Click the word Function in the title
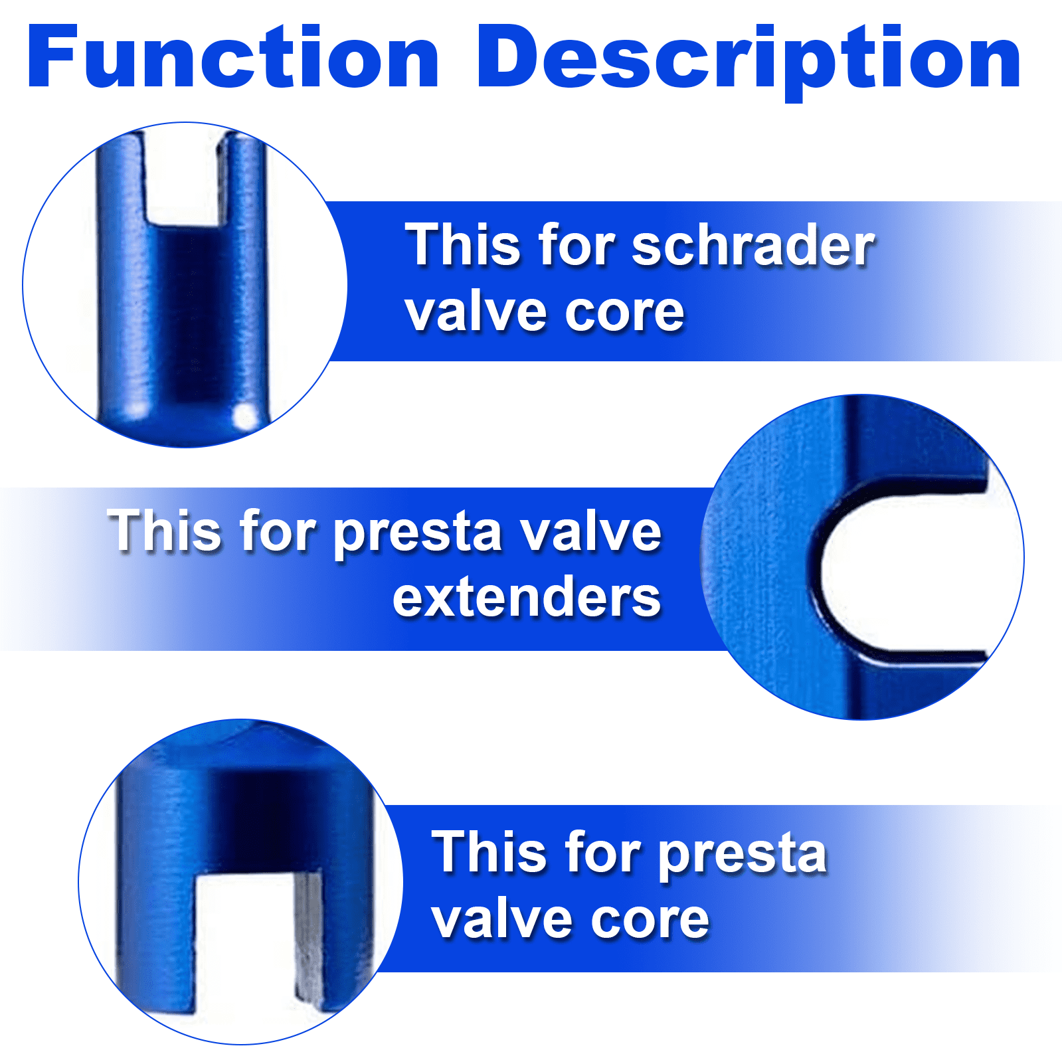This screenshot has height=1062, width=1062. (x=232, y=58)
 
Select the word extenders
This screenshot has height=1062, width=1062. (x=526, y=597)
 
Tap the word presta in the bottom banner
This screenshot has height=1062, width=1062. (x=742, y=855)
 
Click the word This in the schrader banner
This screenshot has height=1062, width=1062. (x=463, y=245)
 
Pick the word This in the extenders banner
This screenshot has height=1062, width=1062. (x=165, y=531)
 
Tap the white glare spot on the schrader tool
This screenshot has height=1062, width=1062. (x=244, y=417)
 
